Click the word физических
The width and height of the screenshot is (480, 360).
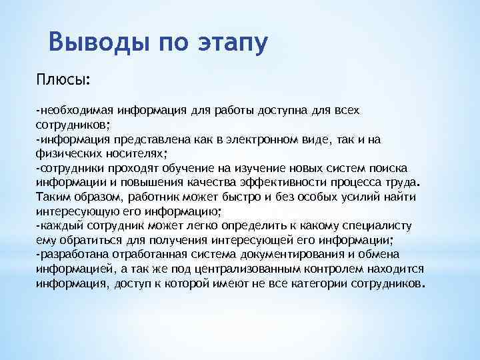(67, 152)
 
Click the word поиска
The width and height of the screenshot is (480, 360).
(391, 167)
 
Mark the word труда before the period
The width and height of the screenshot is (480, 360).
(397, 181)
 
